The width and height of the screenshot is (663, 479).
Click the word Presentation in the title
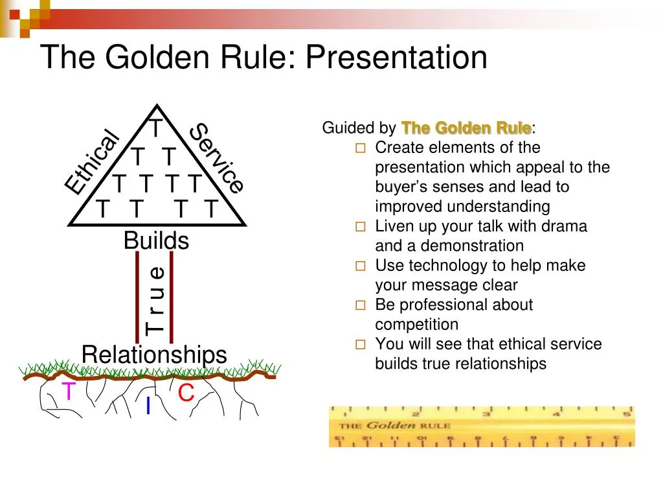(396, 57)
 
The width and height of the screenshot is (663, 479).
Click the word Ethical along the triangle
(93, 162)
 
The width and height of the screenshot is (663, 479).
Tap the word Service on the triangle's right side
(218, 158)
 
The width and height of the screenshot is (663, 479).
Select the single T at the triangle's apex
(156, 128)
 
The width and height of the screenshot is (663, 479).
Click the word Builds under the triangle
(156, 240)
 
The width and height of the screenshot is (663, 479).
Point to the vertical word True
(155, 300)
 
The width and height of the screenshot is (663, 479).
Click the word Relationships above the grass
(154, 355)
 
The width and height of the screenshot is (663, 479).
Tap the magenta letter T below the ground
(69, 391)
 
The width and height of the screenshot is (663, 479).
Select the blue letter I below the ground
(148, 406)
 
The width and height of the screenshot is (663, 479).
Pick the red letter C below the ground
(186, 393)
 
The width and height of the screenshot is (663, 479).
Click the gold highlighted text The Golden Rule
(466, 128)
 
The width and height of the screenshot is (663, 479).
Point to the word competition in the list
(416, 324)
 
